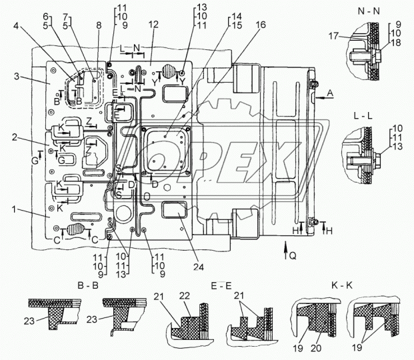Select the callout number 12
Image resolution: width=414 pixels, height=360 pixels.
pyautogui.click(x=154, y=25)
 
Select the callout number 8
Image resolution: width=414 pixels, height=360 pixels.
pyautogui.click(x=99, y=25)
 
